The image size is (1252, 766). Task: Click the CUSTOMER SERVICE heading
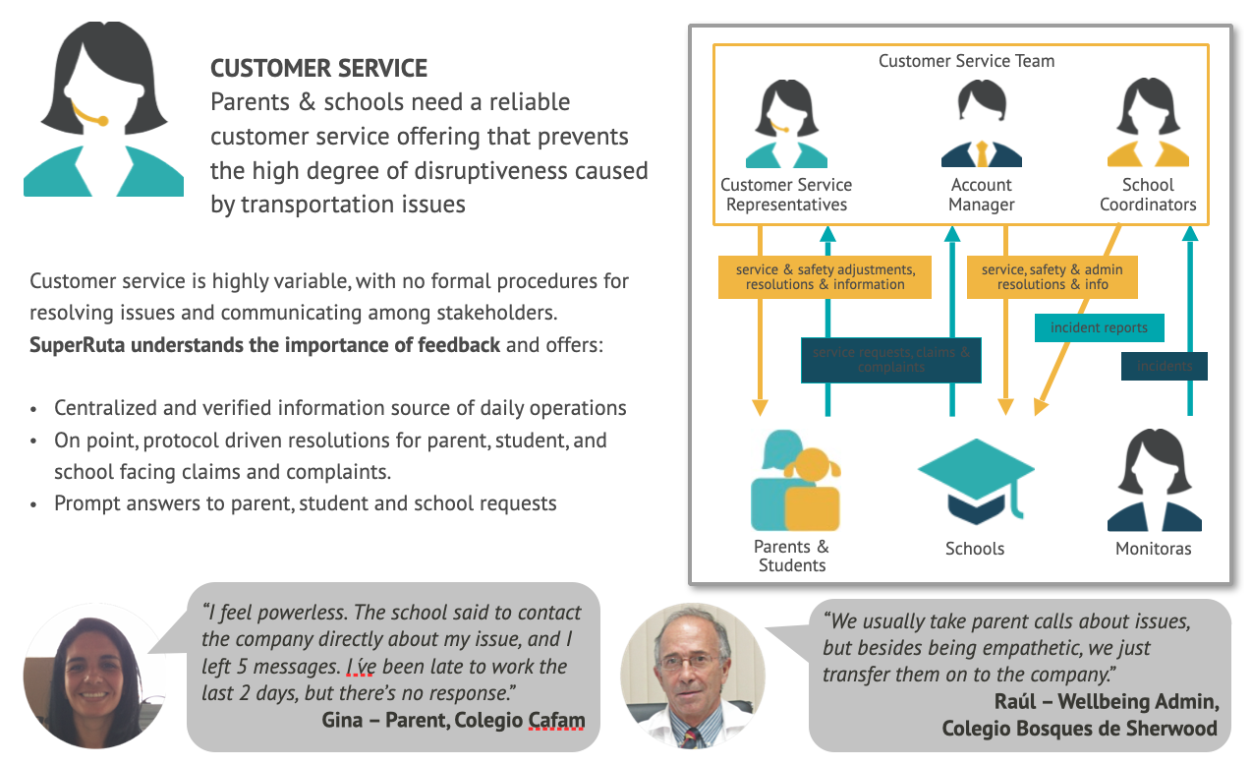tap(318, 69)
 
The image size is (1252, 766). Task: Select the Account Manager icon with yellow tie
tap(981, 124)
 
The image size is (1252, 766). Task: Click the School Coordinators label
tap(1148, 195)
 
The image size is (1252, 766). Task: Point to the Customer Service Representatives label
tap(786, 195)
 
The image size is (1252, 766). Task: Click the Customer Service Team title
tap(966, 61)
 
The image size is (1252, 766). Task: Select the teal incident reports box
tap(1099, 327)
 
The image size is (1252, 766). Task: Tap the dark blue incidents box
tap(1165, 366)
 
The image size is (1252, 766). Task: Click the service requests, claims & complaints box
tap(890, 360)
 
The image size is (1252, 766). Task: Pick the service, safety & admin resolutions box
tap(1052, 276)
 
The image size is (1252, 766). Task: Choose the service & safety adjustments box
tap(825, 276)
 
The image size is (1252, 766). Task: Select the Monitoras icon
tap(1154, 483)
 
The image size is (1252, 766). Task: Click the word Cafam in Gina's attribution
tap(556, 720)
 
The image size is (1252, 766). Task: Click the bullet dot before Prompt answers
tap(35, 503)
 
